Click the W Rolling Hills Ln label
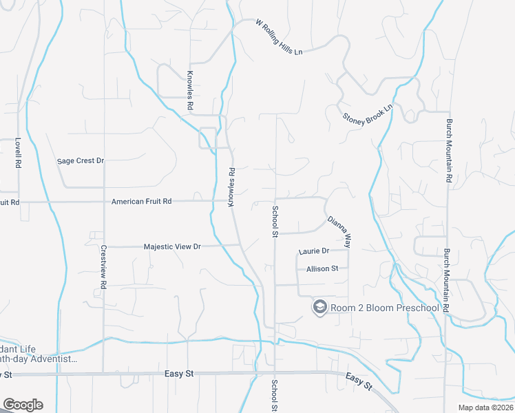pyautogui.click(x=279, y=38)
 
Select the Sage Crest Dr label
pyautogui.click(x=80, y=161)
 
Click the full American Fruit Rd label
pyautogui.click(x=141, y=202)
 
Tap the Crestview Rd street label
pyautogui.click(x=103, y=266)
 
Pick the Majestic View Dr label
pyautogui.click(x=171, y=246)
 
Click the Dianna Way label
pyautogui.click(x=339, y=232)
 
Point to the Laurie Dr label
pyautogui.click(x=314, y=251)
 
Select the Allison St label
pyautogui.click(x=322, y=268)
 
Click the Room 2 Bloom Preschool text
pyautogui.click(x=383, y=308)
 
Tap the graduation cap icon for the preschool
pyautogui.click(x=319, y=307)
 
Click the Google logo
pyautogui.click(x=22, y=405)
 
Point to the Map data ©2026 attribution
pyautogui.click(x=485, y=407)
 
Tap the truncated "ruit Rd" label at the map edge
pyautogui.click(x=10, y=202)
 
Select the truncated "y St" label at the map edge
pyautogui.click(x=6, y=374)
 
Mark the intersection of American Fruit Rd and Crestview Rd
pyautogui.click(x=104, y=202)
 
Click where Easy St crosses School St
pyautogui.click(x=275, y=374)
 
